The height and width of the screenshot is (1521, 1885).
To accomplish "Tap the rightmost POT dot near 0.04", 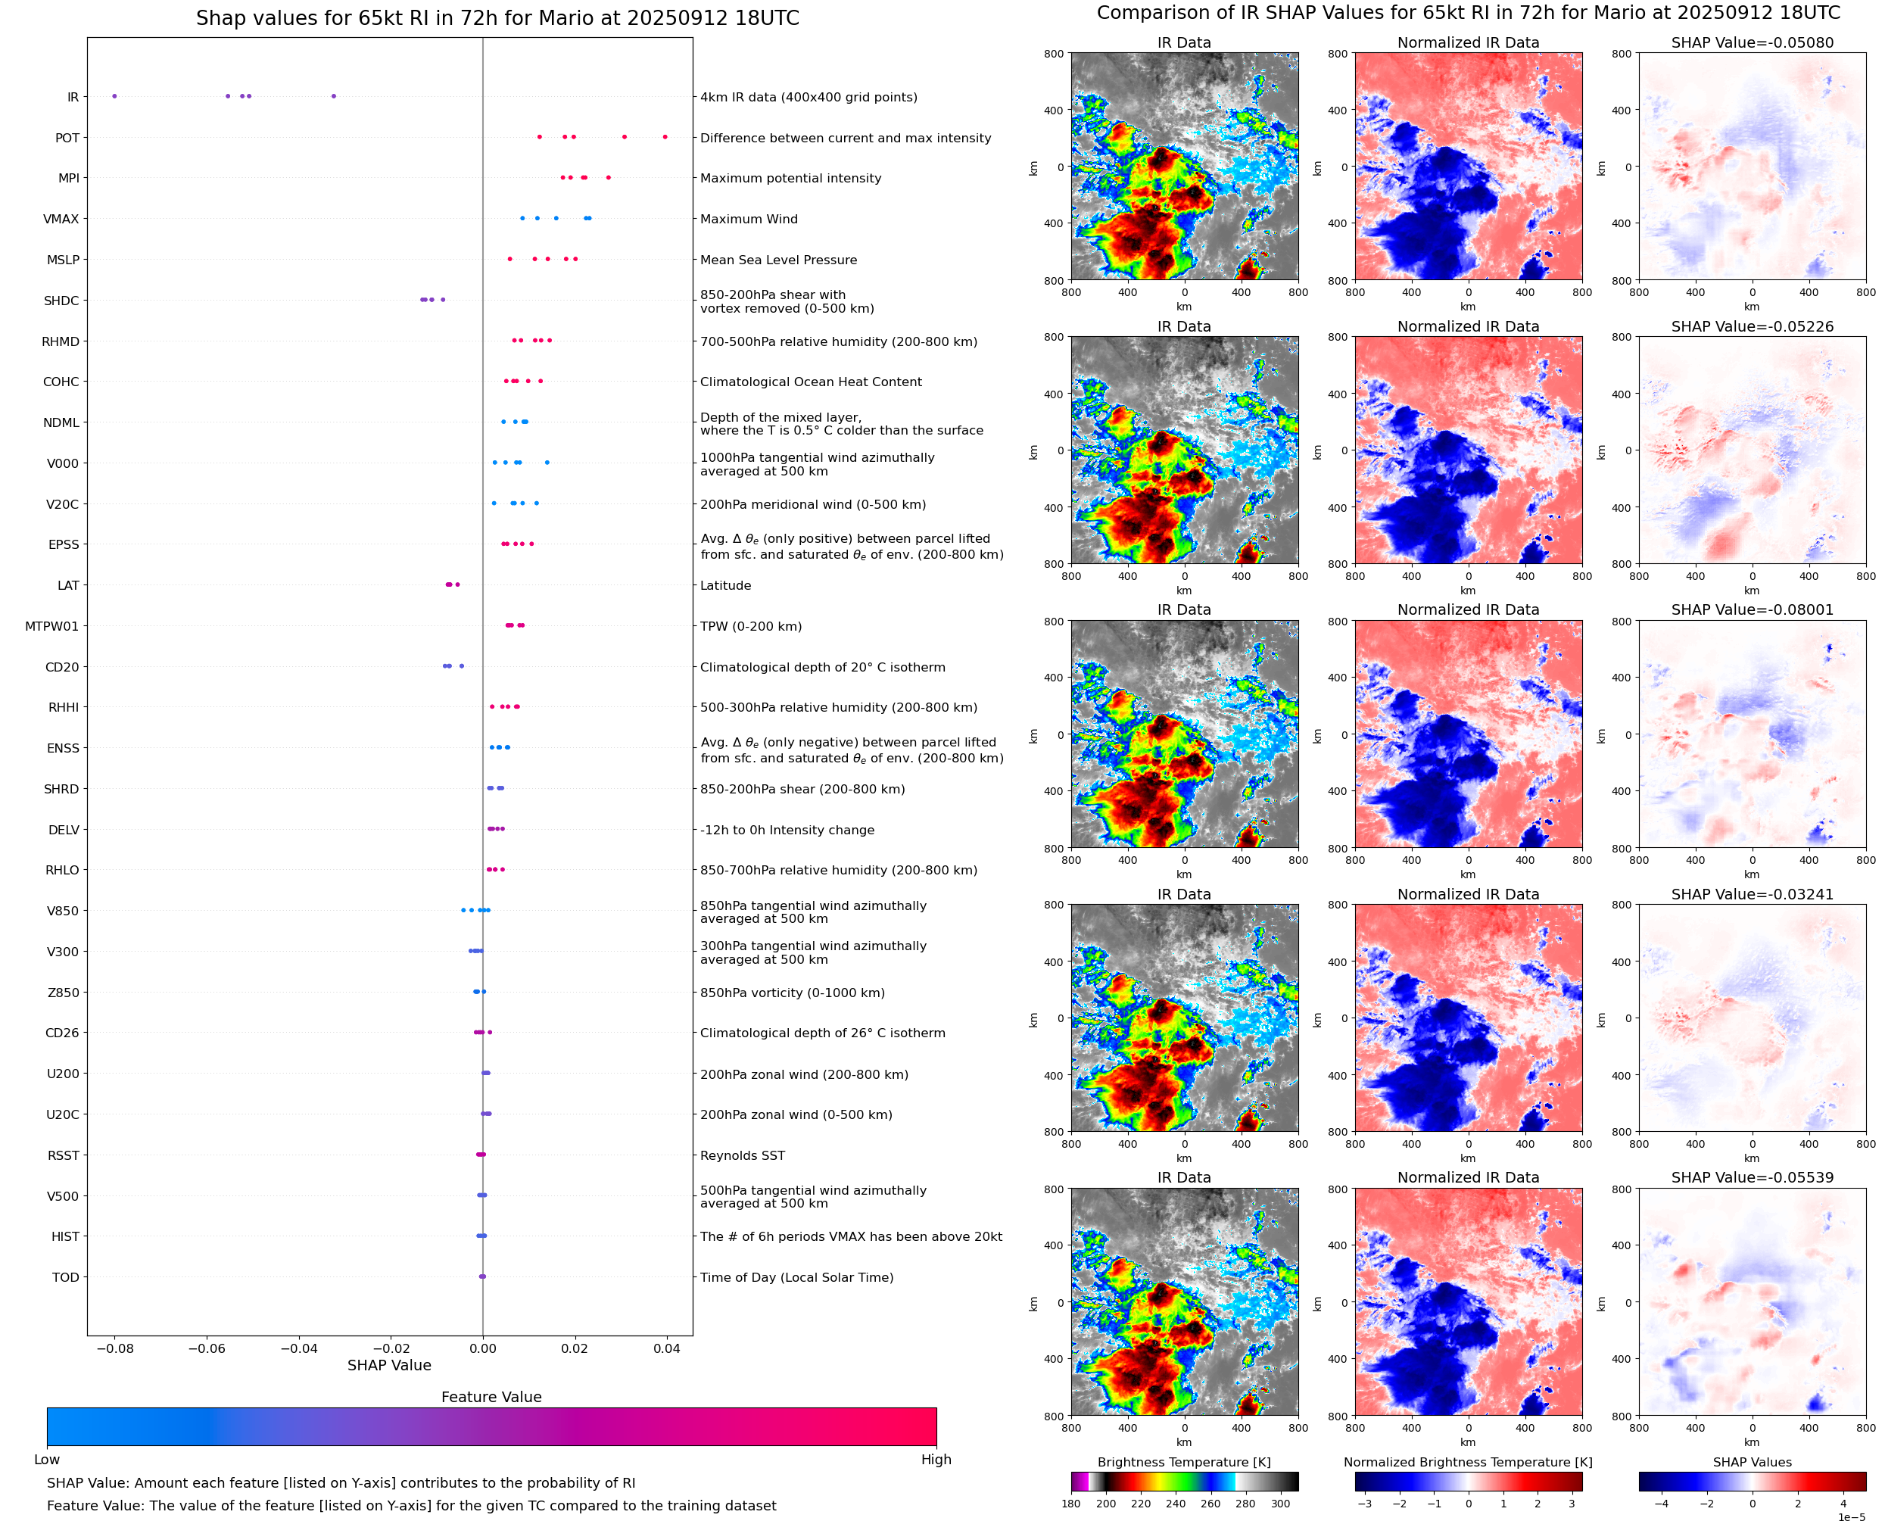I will tap(665, 137).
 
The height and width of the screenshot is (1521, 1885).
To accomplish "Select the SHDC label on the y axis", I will tap(61, 301).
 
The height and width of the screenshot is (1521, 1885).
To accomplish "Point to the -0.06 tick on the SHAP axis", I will tap(207, 1348).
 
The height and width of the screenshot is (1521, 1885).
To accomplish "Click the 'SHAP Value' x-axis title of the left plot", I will tap(389, 1365).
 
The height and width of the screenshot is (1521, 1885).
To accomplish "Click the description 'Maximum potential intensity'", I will tap(790, 178).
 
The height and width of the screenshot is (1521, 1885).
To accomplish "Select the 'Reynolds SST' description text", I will tap(742, 1155).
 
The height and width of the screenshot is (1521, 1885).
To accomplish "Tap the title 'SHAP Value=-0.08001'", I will tap(1752, 609).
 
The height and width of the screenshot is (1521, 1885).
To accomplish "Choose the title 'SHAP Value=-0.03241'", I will tap(1752, 895).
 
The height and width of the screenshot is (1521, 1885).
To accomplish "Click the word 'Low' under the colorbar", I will tap(46, 1460).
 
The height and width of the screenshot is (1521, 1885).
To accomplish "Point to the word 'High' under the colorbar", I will tap(936, 1460).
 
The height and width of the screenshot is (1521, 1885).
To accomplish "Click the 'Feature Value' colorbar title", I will tap(491, 1397).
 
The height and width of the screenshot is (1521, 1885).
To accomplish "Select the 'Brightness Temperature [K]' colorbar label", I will tap(1183, 1462).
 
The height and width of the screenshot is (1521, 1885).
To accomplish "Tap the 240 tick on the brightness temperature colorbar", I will tap(1176, 1504).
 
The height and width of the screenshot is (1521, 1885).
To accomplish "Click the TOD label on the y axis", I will tap(66, 1277).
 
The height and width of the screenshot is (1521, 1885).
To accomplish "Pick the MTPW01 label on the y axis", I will tap(51, 626).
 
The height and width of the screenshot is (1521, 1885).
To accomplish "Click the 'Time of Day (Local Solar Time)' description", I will tap(796, 1277).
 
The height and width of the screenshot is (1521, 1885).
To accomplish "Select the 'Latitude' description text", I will tap(725, 585).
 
